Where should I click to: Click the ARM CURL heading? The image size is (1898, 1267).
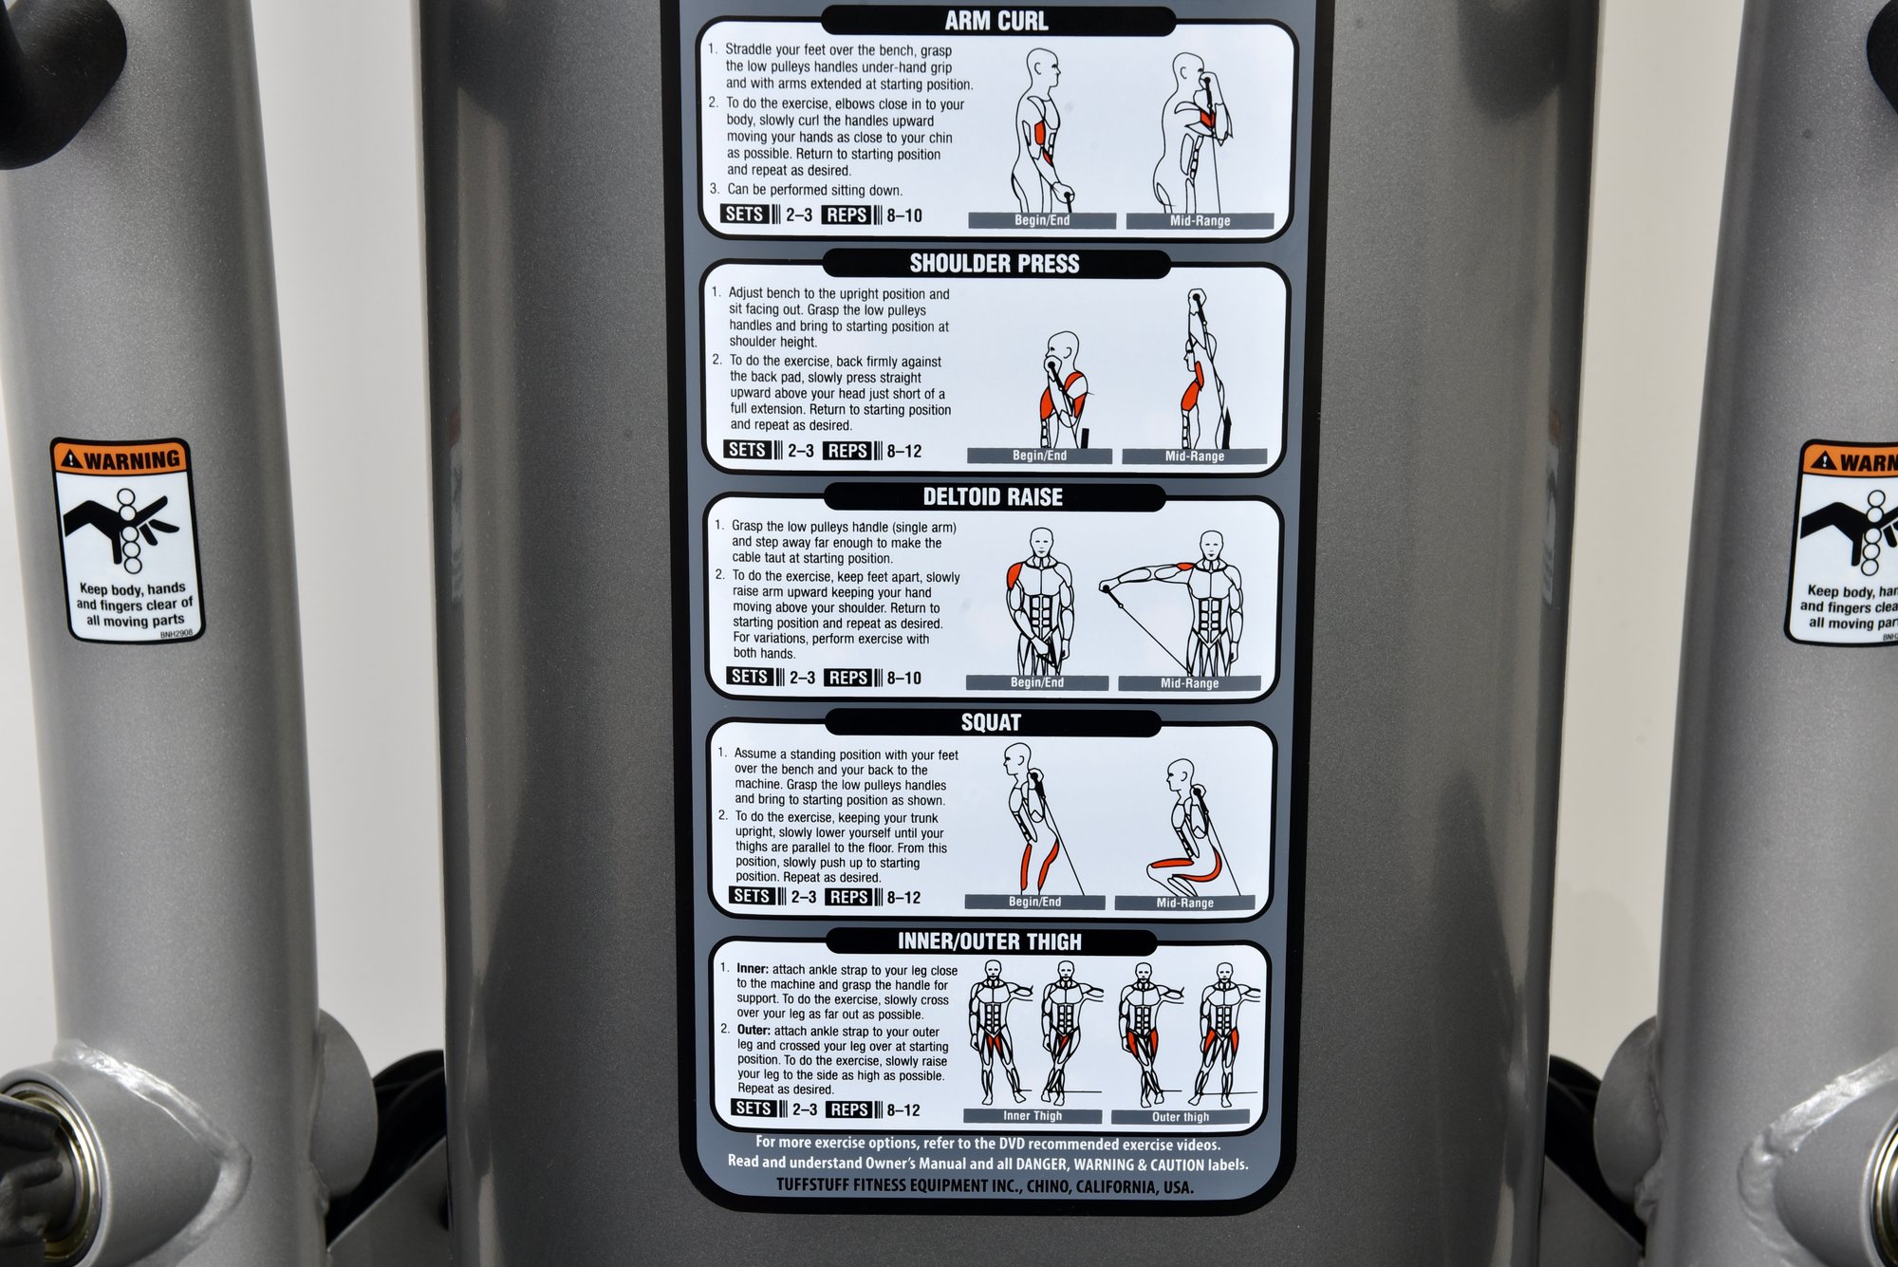[996, 21]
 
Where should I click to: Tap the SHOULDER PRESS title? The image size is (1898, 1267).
[995, 264]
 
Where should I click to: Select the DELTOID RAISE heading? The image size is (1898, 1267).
[993, 497]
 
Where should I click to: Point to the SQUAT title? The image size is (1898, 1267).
[991, 723]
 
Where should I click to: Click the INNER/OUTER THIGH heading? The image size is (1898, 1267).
[990, 941]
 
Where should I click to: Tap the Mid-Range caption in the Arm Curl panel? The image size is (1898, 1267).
[1200, 221]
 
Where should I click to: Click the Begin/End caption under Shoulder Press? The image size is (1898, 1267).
[1039, 456]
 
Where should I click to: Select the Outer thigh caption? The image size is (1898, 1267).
[1181, 1117]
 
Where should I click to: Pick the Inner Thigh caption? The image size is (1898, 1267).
[1033, 1116]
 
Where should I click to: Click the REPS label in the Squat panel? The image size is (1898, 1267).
[848, 897]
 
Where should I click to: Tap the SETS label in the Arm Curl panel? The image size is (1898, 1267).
[744, 214]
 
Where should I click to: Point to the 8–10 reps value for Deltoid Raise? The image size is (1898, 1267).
[904, 679]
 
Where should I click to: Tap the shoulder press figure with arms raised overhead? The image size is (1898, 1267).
[1203, 369]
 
